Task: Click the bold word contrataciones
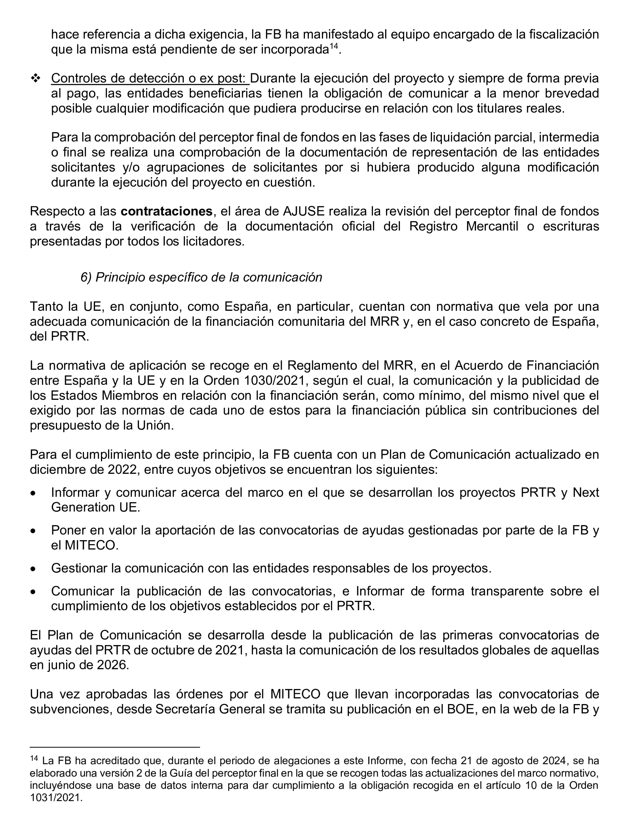(x=166, y=211)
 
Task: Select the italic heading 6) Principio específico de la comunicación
(x=201, y=277)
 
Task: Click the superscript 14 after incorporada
(x=333, y=46)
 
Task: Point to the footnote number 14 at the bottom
(x=34, y=759)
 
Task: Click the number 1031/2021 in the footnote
(x=56, y=798)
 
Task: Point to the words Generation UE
(x=95, y=507)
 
